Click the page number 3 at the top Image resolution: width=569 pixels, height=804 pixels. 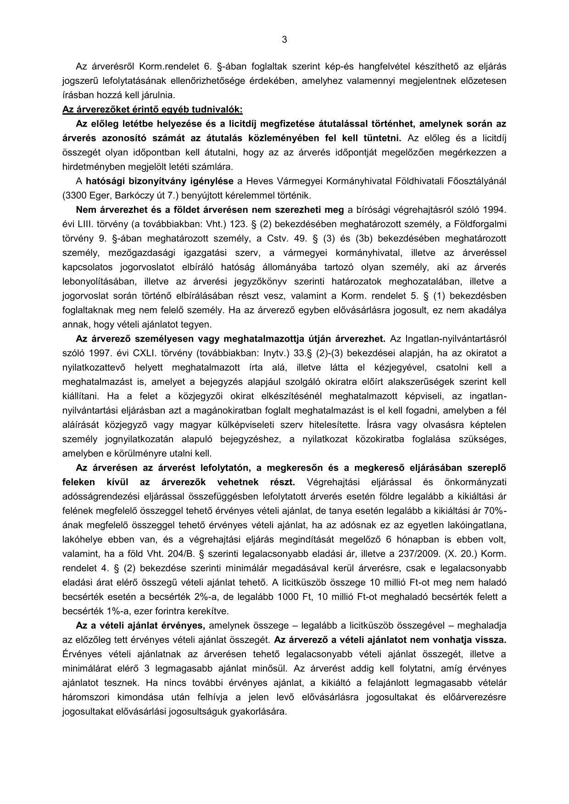pos(284,40)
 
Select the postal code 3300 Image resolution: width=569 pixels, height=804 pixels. pos(76,195)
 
